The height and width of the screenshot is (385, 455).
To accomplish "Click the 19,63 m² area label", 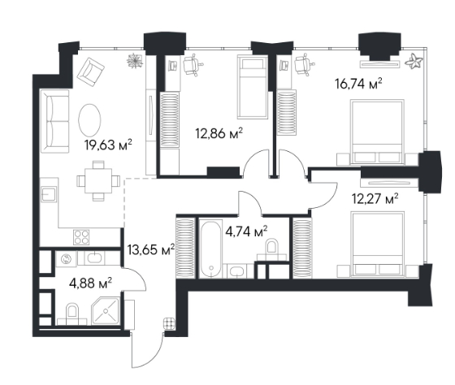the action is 108,145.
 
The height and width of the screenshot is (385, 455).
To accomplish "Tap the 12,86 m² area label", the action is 219,134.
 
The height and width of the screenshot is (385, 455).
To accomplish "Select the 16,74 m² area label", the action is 358,84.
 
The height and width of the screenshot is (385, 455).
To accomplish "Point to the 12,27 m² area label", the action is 375,199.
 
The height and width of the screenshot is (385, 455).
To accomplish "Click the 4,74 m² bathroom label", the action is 246,231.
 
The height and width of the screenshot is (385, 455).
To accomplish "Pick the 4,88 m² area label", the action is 90,283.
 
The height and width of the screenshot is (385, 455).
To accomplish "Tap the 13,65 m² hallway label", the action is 151,249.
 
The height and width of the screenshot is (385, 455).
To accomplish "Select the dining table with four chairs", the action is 98,181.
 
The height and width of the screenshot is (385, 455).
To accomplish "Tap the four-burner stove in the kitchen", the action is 81,236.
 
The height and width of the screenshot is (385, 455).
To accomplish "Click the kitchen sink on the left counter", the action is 49,194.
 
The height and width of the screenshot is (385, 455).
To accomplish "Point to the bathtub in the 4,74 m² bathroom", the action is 210,249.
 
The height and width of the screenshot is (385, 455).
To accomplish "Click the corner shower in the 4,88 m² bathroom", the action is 106,311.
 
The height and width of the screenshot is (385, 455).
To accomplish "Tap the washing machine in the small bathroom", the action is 66,258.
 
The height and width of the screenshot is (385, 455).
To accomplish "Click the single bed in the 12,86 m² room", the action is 253,87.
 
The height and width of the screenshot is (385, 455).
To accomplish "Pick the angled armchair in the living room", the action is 91,71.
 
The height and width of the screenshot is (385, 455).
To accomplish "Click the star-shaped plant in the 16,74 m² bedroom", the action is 414,62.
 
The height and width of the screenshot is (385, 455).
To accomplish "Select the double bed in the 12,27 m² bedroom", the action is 377,243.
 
